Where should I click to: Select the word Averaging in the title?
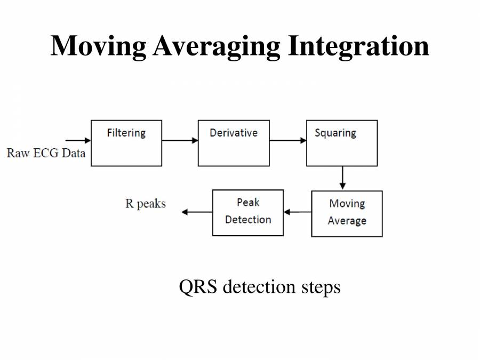pyautogui.click(x=216, y=46)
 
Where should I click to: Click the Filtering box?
pyautogui.click(x=126, y=143)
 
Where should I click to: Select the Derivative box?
pyautogui.click(x=234, y=143)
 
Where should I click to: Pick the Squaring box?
pyautogui.click(x=342, y=143)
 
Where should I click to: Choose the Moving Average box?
pyautogui.click(x=347, y=213)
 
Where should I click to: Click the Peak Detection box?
pyautogui.click(x=248, y=212)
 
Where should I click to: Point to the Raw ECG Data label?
pyautogui.click(x=46, y=153)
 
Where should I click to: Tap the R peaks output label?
pyautogui.click(x=145, y=204)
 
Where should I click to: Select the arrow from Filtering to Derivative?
pyautogui.click(x=180, y=141)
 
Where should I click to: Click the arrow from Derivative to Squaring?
pyautogui.click(x=288, y=141)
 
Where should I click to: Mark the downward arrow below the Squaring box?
pyautogui.click(x=342, y=178)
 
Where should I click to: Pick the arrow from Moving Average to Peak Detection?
pyautogui.click(x=298, y=212)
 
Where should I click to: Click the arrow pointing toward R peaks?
pyautogui.click(x=197, y=212)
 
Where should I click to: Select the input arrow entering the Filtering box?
pyautogui.click(x=77, y=141)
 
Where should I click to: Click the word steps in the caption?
pyautogui.click(x=320, y=287)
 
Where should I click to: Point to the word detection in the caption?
pyautogui.click(x=259, y=287)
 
